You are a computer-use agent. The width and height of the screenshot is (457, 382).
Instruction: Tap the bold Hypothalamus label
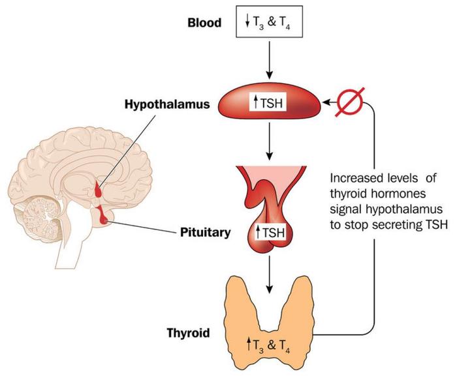tap(158, 102)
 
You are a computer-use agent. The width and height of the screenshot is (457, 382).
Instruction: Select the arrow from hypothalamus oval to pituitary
tap(269, 143)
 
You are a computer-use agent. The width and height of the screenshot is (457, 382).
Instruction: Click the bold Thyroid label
tap(188, 334)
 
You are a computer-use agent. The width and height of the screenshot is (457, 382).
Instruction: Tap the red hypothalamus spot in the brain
tap(99, 191)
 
